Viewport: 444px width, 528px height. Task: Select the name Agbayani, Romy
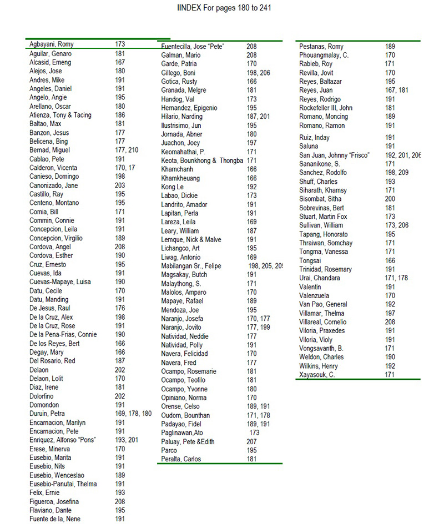click(x=52, y=44)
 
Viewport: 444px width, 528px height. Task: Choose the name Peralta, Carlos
click(x=181, y=459)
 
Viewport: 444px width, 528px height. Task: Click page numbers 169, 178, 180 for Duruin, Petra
click(x=133, y=414)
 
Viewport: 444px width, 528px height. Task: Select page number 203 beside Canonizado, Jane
click(x=120, y=185)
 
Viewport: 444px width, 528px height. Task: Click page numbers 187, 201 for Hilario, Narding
click(x=258, y=117)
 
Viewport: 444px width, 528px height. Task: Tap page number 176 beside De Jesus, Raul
click(x=120, y=308)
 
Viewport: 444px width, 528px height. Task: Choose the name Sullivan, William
click(x=321, y=225)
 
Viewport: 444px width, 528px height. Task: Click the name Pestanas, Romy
click(x=321, y=47)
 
